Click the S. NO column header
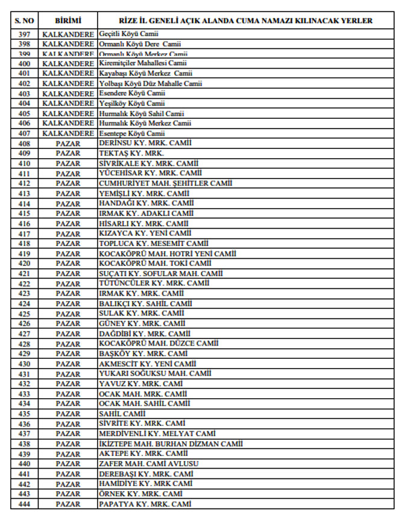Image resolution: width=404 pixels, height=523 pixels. click(24, 21)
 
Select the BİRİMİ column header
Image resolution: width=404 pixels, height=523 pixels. click(68, 21)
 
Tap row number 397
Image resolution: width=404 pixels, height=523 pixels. click(24, 34)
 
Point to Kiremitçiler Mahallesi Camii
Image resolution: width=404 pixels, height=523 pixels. click(142, 63)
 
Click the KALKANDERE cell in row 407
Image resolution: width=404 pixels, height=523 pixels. click(68, 133)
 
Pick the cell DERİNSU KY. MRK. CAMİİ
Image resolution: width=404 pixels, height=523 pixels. click(145, 144)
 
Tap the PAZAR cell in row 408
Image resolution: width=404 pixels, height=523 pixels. click(68, 144)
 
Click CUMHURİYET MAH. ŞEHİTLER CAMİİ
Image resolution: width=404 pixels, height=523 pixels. click(165, 183)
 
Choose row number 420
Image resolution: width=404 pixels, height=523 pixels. click(24, 264)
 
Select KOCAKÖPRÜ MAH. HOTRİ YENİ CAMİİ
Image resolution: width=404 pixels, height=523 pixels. click(167, 253)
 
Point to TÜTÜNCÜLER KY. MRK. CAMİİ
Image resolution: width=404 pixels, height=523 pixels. click(154, 284)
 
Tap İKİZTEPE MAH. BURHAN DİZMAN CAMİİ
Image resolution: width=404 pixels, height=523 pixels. click(171, 444)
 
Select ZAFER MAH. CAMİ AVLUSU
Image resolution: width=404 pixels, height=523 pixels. click(148, 464)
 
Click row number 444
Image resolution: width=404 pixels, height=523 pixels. click(24, 504)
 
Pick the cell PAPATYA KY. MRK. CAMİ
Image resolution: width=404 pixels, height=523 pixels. click(145, 504)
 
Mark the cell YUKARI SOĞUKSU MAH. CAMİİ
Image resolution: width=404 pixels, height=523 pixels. click(155, 374)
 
